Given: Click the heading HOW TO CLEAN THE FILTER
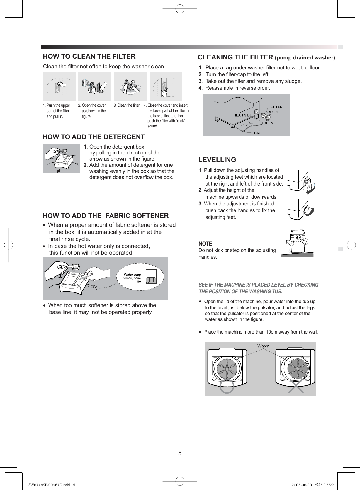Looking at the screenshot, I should point(89,56).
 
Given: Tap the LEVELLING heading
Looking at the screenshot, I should point(217,160).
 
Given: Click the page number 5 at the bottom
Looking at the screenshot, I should point(180,453).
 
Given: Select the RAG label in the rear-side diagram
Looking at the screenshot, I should point(258,133).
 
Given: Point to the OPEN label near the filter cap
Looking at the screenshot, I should point(268,123).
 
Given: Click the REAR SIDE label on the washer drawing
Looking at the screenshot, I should point(242,115).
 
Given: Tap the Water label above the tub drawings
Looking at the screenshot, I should point(263,346).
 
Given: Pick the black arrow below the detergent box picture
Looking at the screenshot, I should point(59,171).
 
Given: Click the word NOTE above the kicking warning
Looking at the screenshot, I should point(205,244).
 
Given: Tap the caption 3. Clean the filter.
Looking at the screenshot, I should point(127,106).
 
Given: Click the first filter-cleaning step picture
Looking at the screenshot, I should point(59,87).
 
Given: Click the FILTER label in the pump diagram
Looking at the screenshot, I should point(276,107).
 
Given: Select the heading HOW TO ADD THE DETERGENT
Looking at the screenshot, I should point(94,137).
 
